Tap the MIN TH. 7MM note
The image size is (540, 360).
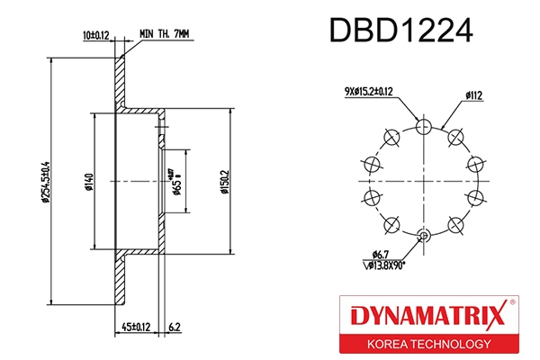click(166, 33)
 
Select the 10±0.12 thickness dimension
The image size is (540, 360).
click(96, 33)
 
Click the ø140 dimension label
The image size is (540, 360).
click(88, 184)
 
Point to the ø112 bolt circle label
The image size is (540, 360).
click(476, 93)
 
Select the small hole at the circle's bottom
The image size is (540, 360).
click(423, 237)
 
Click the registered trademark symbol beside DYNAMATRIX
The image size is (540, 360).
click(512, 301)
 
